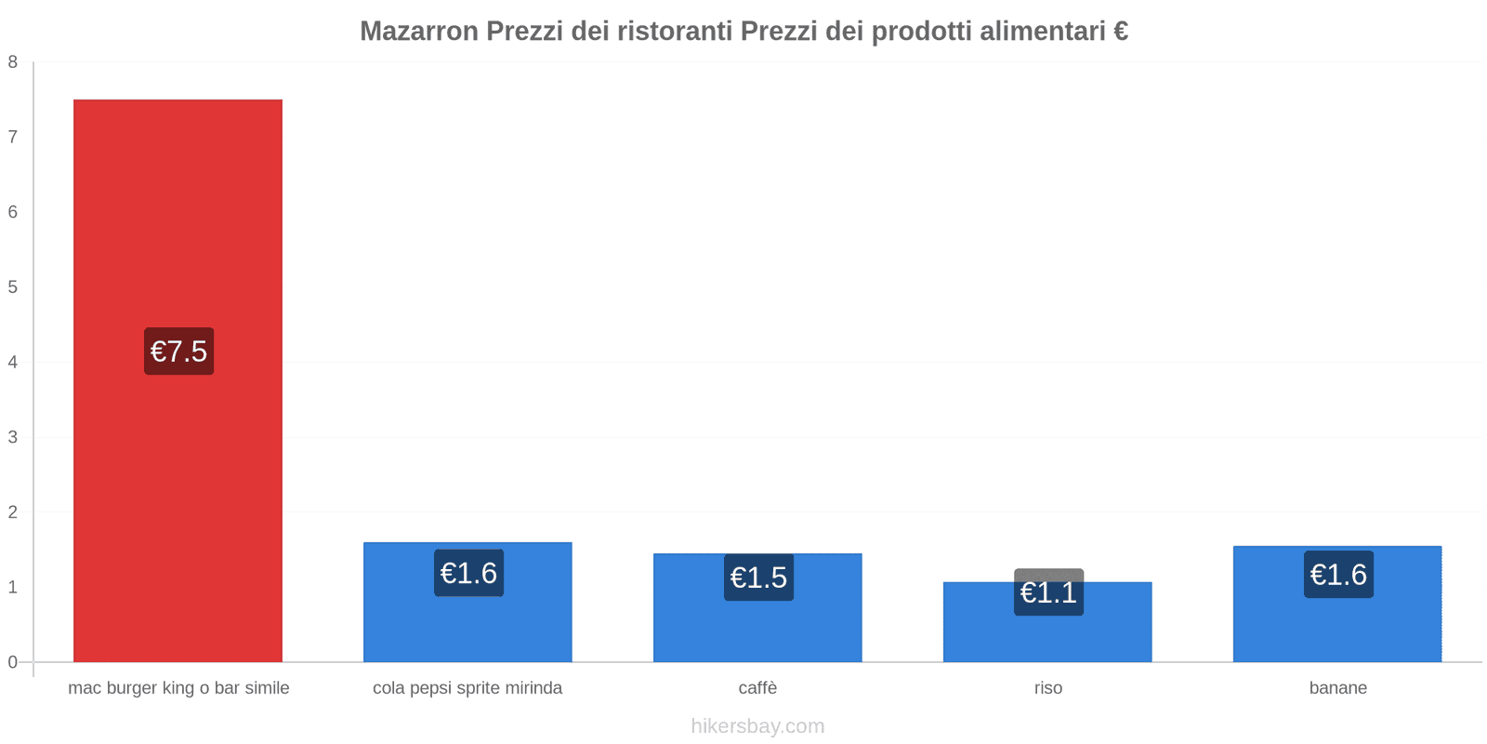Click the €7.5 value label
[178, 352]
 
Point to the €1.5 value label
[758, 578]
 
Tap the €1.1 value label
[1048, 592]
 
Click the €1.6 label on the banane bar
[1338, 575]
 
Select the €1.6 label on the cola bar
[468, 573]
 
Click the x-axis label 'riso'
[1048, 688]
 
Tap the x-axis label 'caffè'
[757, 688]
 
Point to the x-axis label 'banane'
[1337, 688]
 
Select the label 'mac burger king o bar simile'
[178, 688]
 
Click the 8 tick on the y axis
[13, 62]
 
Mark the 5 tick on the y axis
[13, 287]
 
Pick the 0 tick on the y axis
[13, 662]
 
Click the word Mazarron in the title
[418, 32]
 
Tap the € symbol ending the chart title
[1120, 32]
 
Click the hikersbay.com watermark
[757, 726]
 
